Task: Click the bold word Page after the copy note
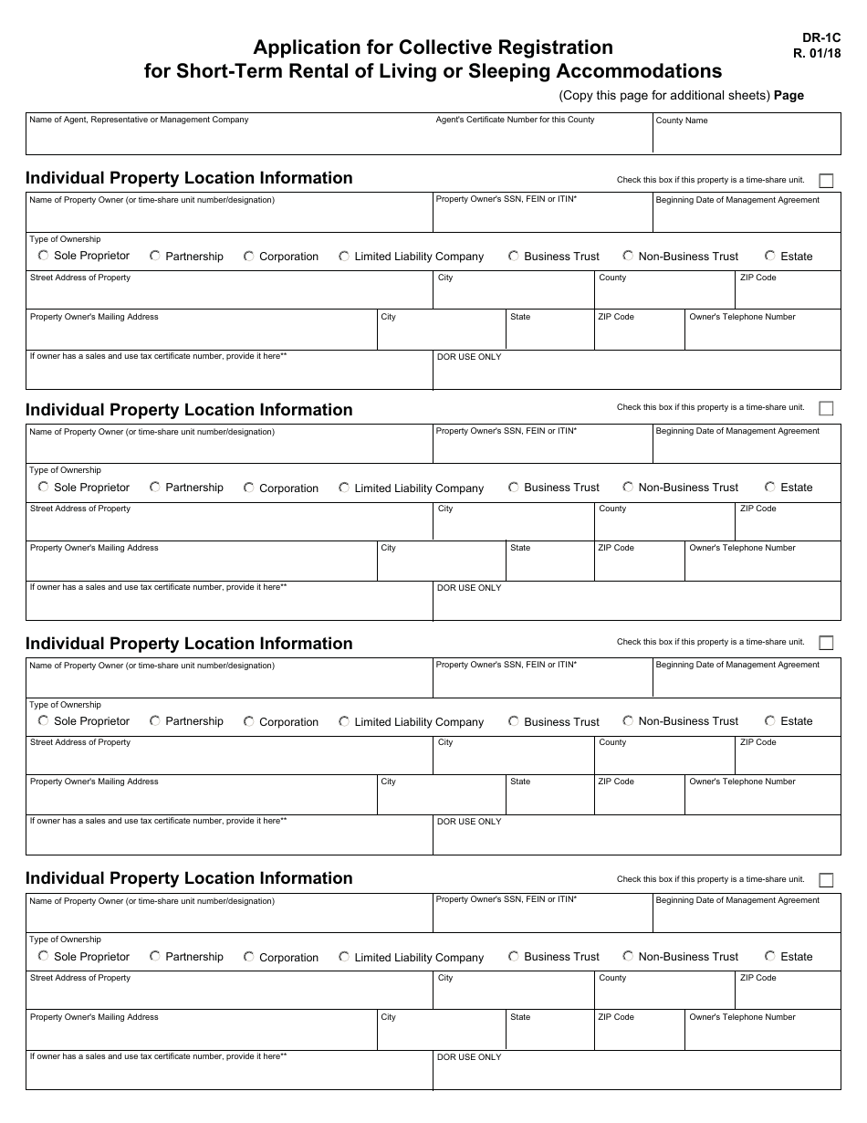click(789, 95)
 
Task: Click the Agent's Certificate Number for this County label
click(515, 120)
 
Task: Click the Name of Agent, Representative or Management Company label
click(139, 120)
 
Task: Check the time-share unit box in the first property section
click(826, 181)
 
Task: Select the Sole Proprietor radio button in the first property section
click(43, 256)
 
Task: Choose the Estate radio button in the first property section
click(770, 256)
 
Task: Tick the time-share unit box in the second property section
click(826, 408)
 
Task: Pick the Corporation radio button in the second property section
click(248, 488)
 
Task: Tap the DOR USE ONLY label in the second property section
click(469, 588)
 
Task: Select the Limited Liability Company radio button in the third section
click(344, 721)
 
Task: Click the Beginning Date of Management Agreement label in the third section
click(737, 665)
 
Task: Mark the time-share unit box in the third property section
click(826, 643)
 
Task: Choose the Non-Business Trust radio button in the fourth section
click(628, 956)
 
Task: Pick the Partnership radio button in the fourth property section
click(155, 956)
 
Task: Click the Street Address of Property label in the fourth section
click(80, 978)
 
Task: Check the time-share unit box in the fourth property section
click(826, 880)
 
